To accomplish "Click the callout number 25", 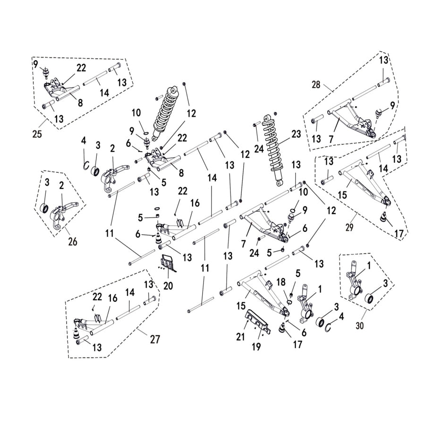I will click(36, 133).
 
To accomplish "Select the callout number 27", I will click(154, 339).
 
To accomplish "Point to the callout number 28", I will click(316, 85).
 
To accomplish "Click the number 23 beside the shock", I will click(296, 134).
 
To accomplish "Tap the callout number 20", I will click(168, 286).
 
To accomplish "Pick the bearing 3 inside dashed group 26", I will click(46, 208).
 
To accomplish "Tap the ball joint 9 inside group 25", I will click(46, 73).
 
